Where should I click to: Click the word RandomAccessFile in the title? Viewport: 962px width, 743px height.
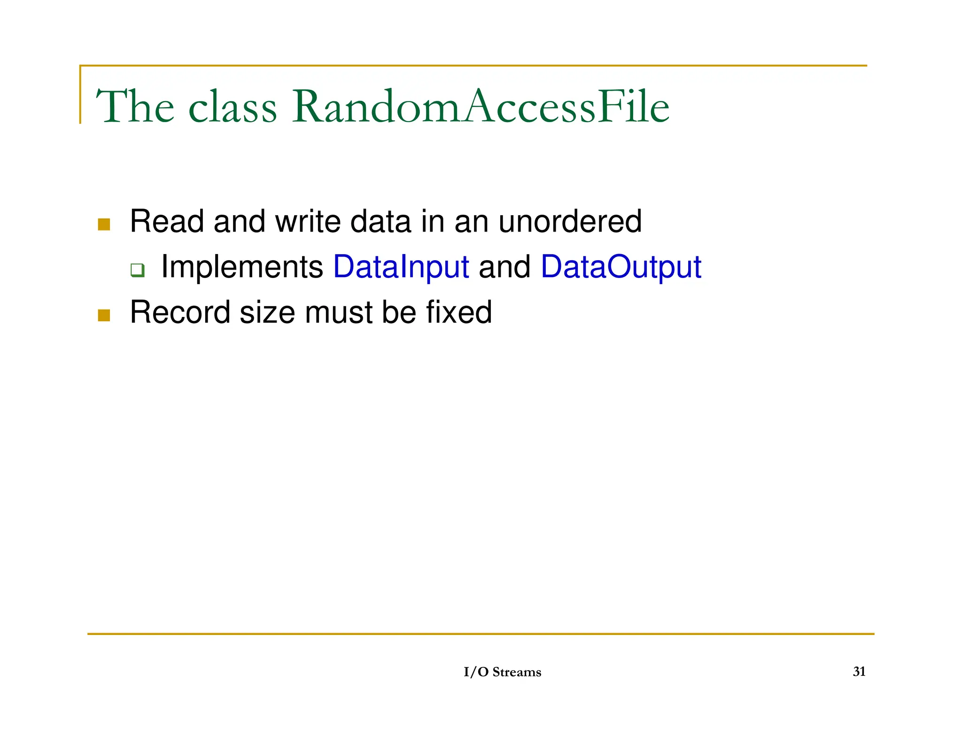point(480,107)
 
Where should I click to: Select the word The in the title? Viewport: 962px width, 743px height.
point(135,107)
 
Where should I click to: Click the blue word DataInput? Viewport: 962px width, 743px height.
point(401,267)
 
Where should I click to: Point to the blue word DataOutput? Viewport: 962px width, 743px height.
point(621,267)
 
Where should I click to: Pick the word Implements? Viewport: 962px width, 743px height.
point(242,267)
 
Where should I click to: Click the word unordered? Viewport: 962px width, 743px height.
point(570,221)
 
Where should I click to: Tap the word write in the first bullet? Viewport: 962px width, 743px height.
point(308,221)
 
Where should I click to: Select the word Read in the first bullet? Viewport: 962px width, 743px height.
point(167,221)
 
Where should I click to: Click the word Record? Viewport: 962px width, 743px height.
point(180,312)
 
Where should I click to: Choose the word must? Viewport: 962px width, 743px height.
point(338,312)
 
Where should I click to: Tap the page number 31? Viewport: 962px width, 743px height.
point(859,672)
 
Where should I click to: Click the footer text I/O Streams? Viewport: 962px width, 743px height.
point(502,672)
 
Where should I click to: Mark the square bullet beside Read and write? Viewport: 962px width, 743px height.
point(104,224)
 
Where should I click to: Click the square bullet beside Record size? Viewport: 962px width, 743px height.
point(104,315)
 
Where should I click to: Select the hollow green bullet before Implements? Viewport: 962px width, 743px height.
point(137,271)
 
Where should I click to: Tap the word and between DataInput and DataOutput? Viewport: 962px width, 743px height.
point(504,267)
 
